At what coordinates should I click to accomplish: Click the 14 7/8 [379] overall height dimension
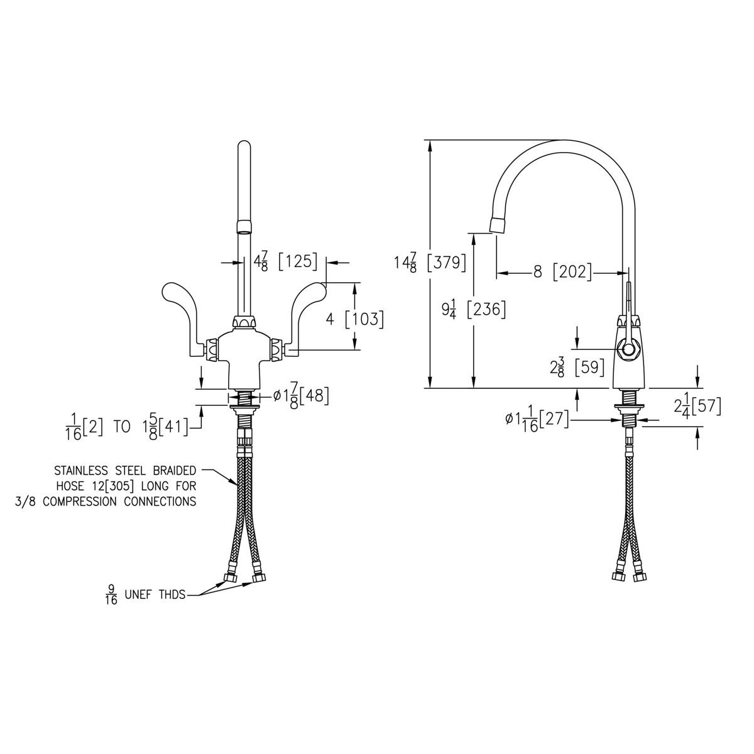click(429, 262)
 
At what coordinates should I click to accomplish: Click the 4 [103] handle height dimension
click(354, 319)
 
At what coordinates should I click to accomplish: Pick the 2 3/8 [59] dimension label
click(577, 367)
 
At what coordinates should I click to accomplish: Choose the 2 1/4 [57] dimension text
click(697, 407)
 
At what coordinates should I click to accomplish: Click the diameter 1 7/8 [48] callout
click(301, 396)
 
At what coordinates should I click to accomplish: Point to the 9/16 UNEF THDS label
click(145, 593)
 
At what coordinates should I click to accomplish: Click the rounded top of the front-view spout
click(244, 150)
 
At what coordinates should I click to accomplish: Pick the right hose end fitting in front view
click(257, 576)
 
